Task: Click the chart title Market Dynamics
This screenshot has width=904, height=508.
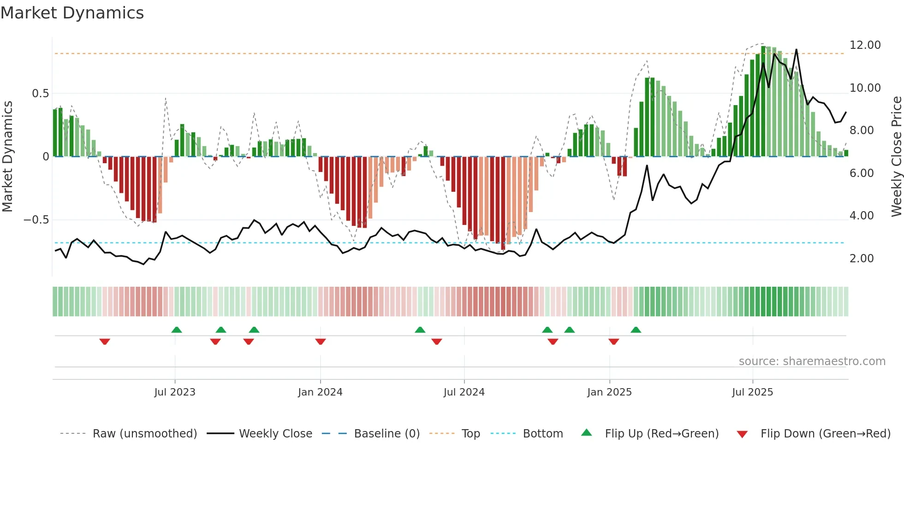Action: [x=72, y=13]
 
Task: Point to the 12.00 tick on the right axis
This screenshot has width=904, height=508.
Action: [x=865, y=45]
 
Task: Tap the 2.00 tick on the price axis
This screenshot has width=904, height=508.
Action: [x=861, y=259]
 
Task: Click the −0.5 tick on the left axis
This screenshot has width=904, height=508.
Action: [x=36, y=220]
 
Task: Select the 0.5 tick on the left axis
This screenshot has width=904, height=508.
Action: [x=40, y=94]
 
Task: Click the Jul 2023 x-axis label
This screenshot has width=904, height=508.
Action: [x=175, y=392]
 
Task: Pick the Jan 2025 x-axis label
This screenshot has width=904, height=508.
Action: [x=609, y=392]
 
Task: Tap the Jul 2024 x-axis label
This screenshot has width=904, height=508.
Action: [x=464, y=392]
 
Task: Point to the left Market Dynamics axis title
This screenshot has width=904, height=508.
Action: [x=7, y=157]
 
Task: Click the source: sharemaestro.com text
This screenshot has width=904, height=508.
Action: [x=812, y=361]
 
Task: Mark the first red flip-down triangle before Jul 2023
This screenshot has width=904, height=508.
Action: [x=105, y=342]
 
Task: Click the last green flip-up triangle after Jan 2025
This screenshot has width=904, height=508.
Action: [x=636, y=330]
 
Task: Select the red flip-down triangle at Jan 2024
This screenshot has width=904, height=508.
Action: [x=321, y=342]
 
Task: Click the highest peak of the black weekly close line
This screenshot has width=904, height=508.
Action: [x=796, y=50]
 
